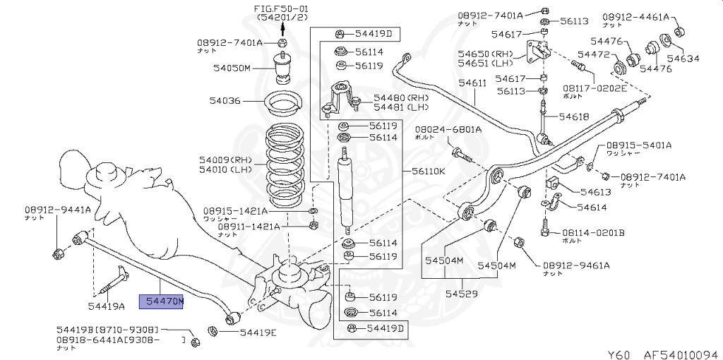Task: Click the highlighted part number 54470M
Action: tap(164, 302)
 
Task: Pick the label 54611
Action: tap(472, 83)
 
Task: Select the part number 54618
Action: tap(573, 116)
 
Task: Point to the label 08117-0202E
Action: tap(594, 88)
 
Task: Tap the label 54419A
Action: tap(106, 306)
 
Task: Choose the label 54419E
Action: tap(258, 333)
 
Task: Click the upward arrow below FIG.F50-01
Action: tap(282, 28)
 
